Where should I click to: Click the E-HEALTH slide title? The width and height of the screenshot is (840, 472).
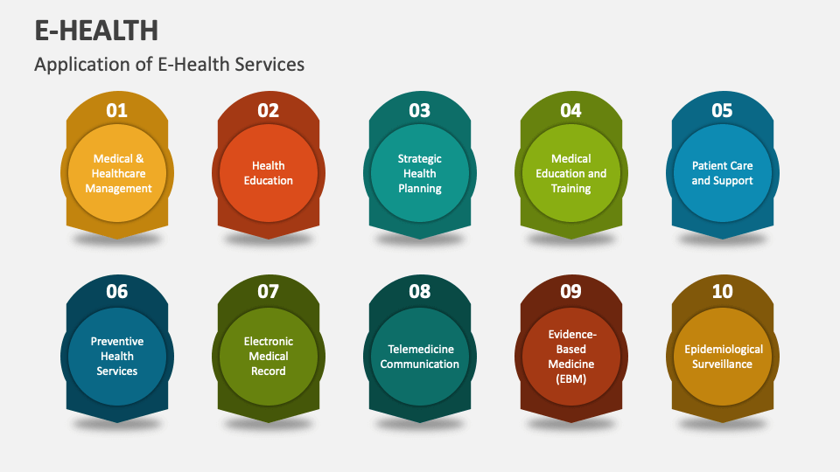click(x=96, y=30)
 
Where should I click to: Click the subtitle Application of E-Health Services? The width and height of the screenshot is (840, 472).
click(x=169, y=65)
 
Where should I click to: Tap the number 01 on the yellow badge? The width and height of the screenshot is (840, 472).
click(x=116, y=111)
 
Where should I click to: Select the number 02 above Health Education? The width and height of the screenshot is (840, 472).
click(x=268, y=111)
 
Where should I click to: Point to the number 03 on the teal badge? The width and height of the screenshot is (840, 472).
click(x=419, y=111)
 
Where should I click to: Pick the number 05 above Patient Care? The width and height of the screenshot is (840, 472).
click(x=722, y=111)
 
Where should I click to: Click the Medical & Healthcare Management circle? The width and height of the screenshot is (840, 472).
click(x=117, y=173)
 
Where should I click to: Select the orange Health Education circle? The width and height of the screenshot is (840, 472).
click(x=269, y=173)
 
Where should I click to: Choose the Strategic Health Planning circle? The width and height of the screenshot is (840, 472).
click(x=420, y=173)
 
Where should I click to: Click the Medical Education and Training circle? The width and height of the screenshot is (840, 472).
click(x=571, y=173)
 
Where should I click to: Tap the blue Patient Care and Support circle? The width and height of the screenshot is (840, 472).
click(x=723, y=173)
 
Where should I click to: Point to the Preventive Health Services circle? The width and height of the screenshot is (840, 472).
click(x=117, y=356)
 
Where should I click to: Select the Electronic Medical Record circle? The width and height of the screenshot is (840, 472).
click(x=269, y=356)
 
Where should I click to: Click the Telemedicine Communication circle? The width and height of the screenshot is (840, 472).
click(x=420, y=356)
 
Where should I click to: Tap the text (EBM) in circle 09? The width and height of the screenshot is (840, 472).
click(x=571, y=378)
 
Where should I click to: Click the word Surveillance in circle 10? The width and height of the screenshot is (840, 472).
click(x=723, y=364)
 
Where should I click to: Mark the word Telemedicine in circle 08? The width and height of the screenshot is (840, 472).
click(x=420, y=349)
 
